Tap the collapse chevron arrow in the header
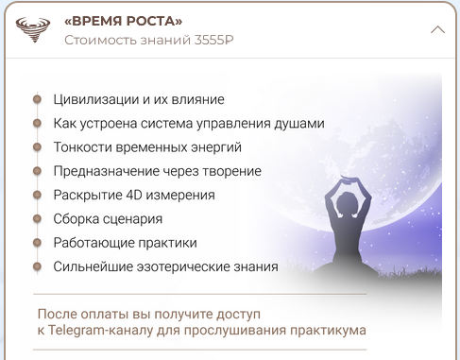click(x=437, y=29)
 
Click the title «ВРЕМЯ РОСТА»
click(x=124, y=21)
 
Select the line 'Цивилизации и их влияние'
click(x=139, y=99)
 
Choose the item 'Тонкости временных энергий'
click(x=147, y=147)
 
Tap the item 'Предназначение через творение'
click(x=157, y=171)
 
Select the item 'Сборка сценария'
click(x=108, y=219)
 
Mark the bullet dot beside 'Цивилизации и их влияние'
click(x=38, y=99)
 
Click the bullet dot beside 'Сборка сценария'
click(x=38, y=219)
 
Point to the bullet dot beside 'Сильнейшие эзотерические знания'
click(x=38, y=266)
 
